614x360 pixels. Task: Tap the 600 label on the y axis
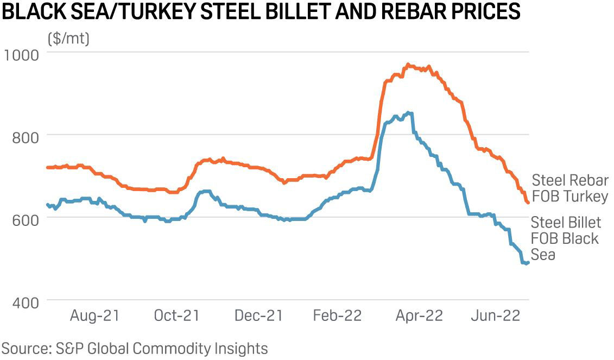click(x=26, y=218)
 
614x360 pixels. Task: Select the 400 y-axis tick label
click(x=26, y=301)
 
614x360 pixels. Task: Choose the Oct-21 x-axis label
click(x=176, y=315)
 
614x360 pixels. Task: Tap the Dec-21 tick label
click(x=258, y=315)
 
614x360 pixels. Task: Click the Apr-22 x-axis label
click(x=419, y=315)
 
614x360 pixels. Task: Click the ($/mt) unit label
click(x=69, y=39)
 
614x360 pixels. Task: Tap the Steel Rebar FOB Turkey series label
click(x=569, y=188)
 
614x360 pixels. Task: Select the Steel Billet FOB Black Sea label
click(x=565, y=238)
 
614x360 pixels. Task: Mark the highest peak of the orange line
click(x=408, y=65)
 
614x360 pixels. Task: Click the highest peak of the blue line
click(x=408, y=113)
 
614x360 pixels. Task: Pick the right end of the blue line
click(x=528, y=263)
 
